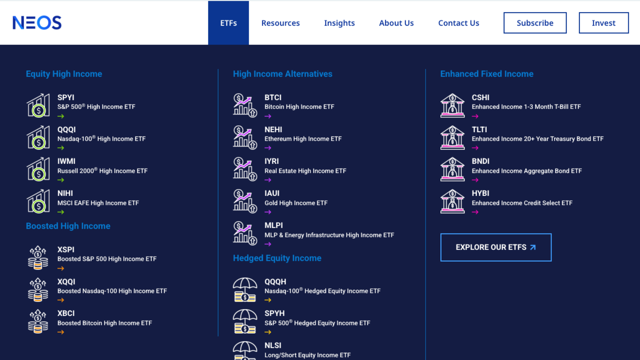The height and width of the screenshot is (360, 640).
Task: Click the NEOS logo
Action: coord(37,23)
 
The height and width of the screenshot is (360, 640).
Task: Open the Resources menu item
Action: coord(280,23)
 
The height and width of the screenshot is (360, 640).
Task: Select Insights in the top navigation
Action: coord(339,23)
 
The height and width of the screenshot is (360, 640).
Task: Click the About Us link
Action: coord(396,23)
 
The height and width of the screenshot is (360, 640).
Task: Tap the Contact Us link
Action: coord(459,23)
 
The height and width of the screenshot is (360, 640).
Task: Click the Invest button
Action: coord(604,23)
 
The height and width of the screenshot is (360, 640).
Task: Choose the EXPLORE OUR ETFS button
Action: coord(496,247)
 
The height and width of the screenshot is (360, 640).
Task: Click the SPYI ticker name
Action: coord(66,97)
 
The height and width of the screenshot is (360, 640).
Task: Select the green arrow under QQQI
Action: coord(61,148)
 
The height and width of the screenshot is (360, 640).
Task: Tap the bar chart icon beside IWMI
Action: coord(38,169)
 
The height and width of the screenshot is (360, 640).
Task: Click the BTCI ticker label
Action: coord(273,97)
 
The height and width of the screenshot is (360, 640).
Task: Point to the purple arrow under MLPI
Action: coord(268,244)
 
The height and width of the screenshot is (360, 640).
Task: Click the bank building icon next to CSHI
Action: coord(452,105)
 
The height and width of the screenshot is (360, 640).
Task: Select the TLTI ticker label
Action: coord(479,129)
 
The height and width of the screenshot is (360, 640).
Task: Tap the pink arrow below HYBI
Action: coord(475,212)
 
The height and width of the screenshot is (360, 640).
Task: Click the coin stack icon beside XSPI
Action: coord(38,257)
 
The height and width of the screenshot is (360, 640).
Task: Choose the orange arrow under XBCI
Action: coord(61,332)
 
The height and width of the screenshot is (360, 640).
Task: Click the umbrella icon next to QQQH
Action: coord(245,290)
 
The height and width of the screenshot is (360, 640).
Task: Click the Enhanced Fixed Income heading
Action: coord(487,74)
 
